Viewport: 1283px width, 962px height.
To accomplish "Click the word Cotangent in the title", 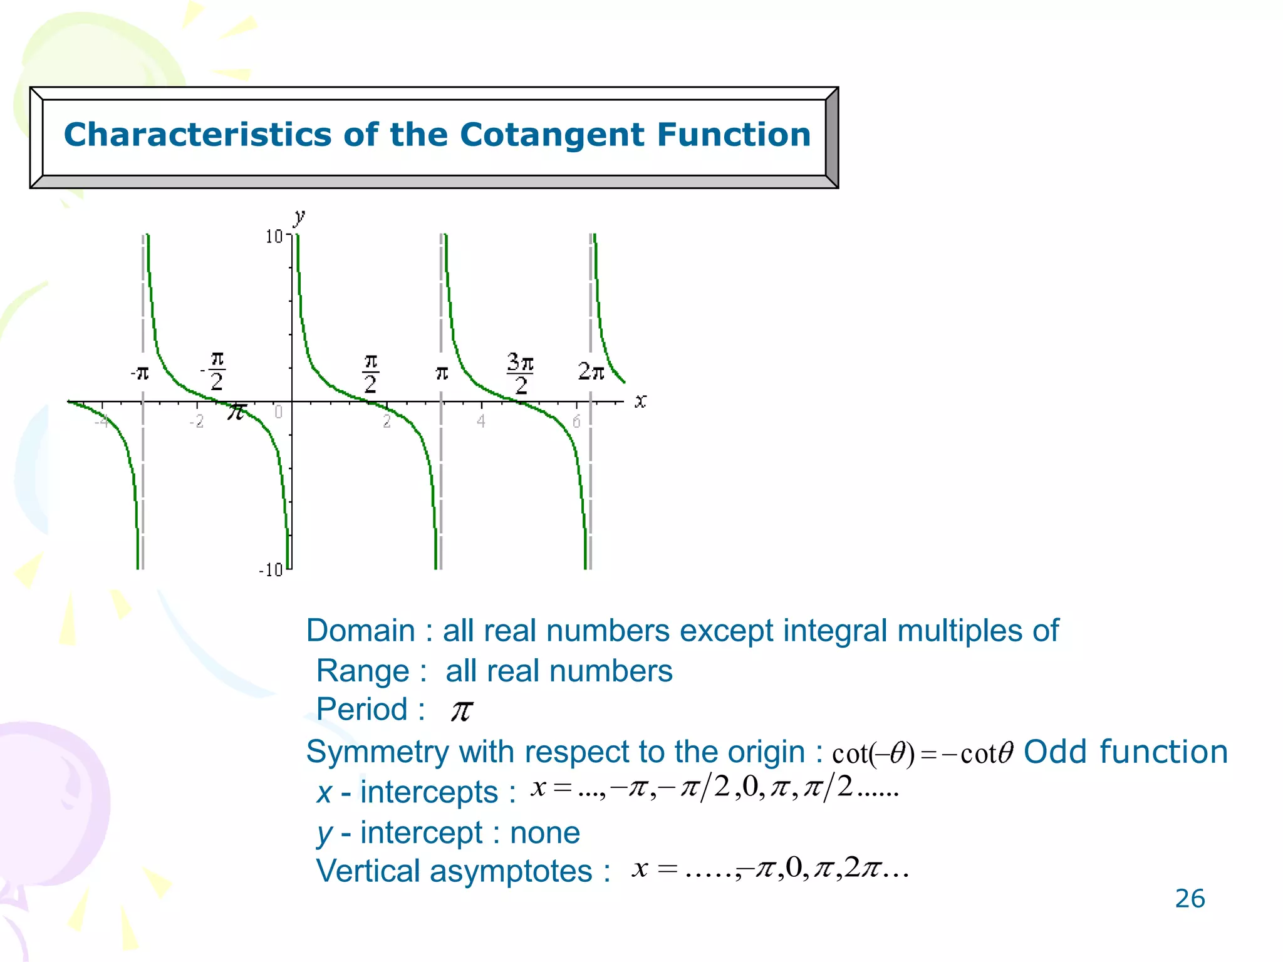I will pyautogui.click(x=552, y=135).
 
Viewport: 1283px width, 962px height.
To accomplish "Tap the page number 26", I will pyautogui.click(x=1190, y=899).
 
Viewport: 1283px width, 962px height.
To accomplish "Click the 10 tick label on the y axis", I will pyautogui.click(x=274, y=237).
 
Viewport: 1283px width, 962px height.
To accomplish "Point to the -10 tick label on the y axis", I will pyautogui.click(x=271, y=570).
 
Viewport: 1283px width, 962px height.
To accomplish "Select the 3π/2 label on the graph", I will pyautogui.click(x=520, y=373).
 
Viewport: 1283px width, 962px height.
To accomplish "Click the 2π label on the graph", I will pyautogui.click(x=591, y=371).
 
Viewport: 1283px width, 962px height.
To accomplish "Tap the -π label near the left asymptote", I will pyautogui.click(x=140, y=373).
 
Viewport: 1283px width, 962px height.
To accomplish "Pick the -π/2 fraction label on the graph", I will pyautogui.click(x=215, y=371).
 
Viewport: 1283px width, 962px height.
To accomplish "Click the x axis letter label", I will pyautogui.click(x=640, y=401).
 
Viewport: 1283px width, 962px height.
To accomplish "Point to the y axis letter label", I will pyautogui.click(x=299, y=217).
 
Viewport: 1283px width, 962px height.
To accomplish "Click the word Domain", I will pyautogui.click(x=360, y=630).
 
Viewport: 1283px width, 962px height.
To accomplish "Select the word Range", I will pyautogui.click(x=363, y=671).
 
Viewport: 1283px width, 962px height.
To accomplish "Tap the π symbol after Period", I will pyautogui.click(x=462, y=711).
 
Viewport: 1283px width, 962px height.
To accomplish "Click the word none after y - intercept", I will pyautogui.click(x=545, y=832).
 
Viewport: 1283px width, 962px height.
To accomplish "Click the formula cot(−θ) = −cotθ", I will pyautogui.click(x=922, y=753).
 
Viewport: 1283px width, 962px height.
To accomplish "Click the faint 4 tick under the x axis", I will pyautogui.click(x=480, y=421).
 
